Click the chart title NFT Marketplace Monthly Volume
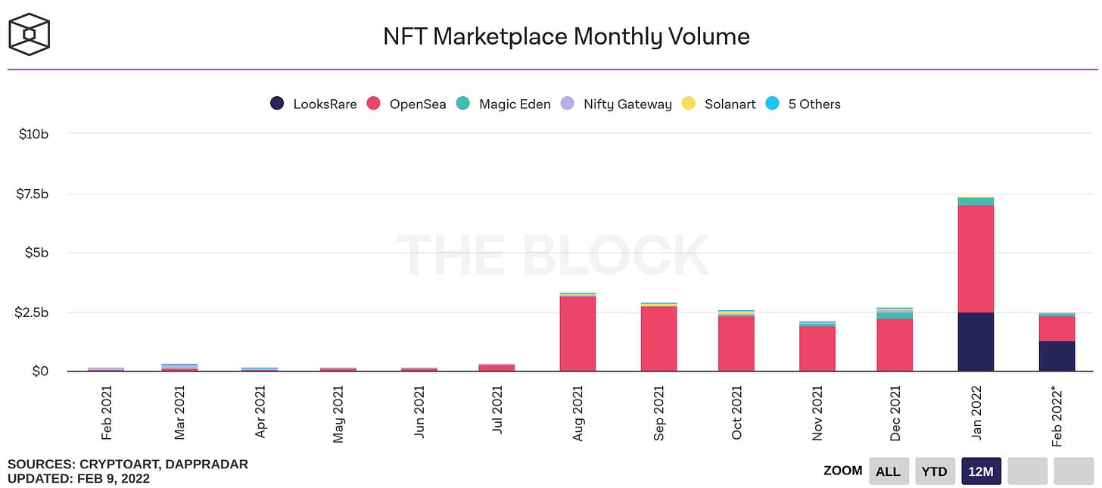566,36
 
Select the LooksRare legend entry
313,104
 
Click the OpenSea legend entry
406,104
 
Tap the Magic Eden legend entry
503,104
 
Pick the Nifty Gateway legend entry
615,104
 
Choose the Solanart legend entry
718,104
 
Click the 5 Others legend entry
803,104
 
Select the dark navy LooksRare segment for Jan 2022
976,341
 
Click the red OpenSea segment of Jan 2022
976,259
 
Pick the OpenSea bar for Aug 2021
577,333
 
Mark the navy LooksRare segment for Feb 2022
1057,356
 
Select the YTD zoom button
934,471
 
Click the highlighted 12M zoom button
981,471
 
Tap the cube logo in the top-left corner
29,34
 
